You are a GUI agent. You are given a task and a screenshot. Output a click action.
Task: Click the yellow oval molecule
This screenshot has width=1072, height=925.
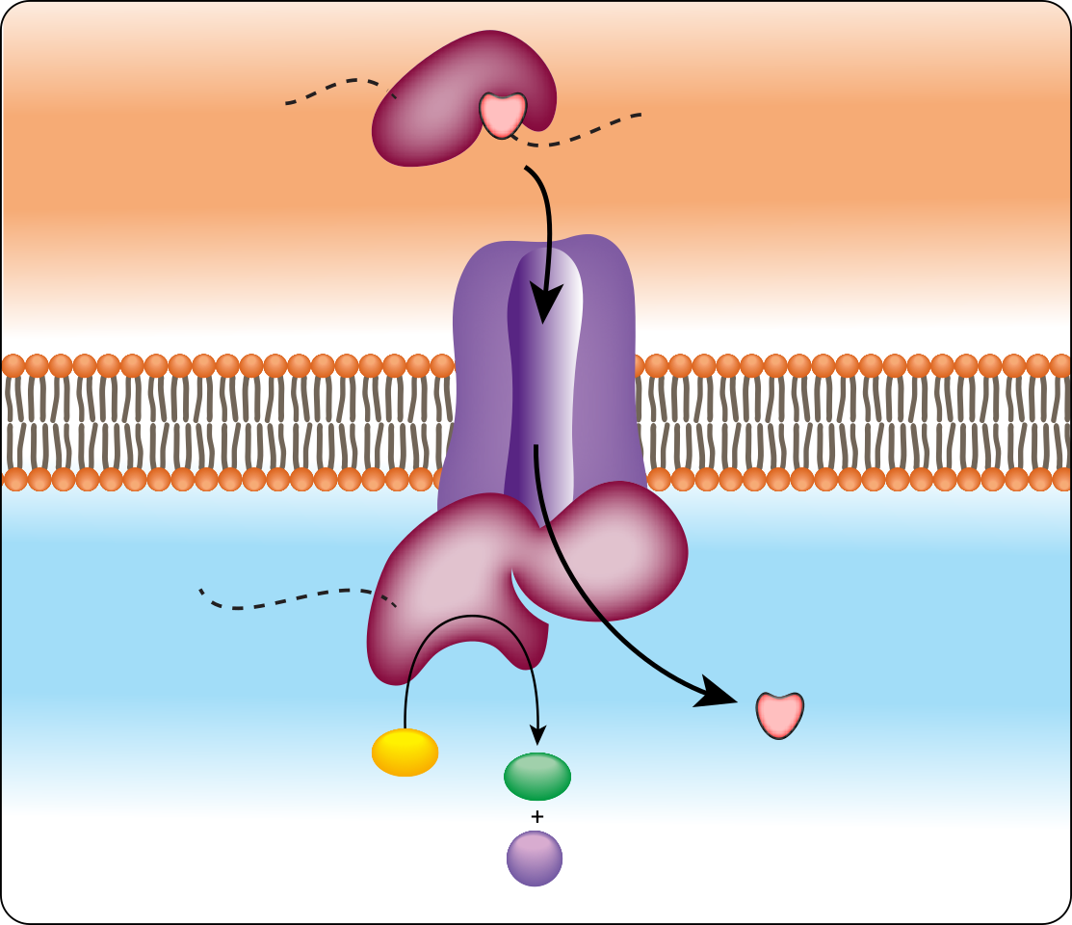405,753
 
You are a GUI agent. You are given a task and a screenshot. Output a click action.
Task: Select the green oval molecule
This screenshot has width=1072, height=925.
537,776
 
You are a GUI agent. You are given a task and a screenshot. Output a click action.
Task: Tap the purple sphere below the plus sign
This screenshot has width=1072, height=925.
535,858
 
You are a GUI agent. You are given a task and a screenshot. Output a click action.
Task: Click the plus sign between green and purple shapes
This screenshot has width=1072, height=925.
536,817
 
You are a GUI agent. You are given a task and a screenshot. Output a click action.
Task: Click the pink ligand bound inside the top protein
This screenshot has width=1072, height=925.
503,114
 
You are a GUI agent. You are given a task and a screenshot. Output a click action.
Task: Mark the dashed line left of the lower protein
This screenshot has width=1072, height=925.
289,602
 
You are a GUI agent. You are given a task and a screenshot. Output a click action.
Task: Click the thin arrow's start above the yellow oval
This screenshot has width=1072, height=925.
405,718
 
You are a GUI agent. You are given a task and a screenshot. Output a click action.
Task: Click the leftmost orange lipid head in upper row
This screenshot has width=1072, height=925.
13,366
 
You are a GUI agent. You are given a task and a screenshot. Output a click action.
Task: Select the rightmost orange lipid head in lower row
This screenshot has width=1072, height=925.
1059,479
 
